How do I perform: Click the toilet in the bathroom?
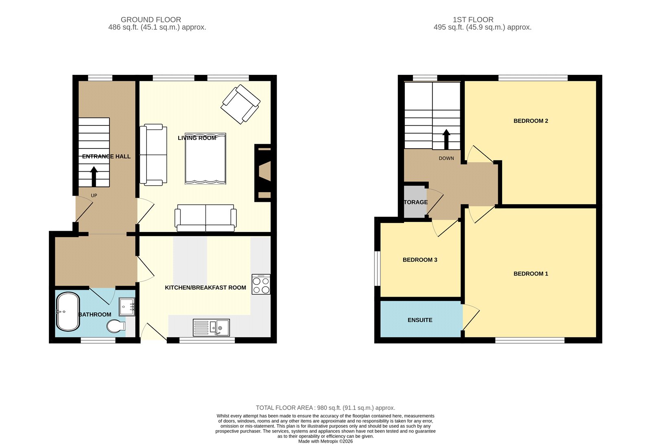pyautogui.click(x=116, y=326)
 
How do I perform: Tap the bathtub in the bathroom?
pyautogui.click(x=68, y=311)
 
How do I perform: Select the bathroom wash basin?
pyautogui.click(x=127, y=307)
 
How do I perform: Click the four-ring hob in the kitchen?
pyautogui.click(x=261, y=284)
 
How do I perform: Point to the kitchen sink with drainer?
pyautogui.click(x=211, y=327)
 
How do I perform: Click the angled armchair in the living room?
pyautogui.click(x=240, y=104)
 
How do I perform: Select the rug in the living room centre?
pyautogui.click(x=205, y=159)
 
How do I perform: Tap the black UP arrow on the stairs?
pyautogui.click(x=94, y=177)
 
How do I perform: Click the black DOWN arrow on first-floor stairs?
pyautogui.click(x=446, y=140)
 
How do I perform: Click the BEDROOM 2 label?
pyautogui.click(x=531, y=121)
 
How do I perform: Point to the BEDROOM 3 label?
pyautogui.click(x=420, y=260)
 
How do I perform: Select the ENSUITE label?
pyautogui.click(x=420, y=320)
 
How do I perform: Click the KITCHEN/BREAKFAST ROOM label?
pyautogui.click(x=205, y=288)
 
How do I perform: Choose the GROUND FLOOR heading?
pyautogui.click(x=151, y=20)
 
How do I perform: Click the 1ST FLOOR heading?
pyautogui.click(x=473, y=20)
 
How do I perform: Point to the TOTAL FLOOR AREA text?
pyautogui.click(x=325, y=408)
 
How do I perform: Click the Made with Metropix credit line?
pyautogui.click(x=325, y=442)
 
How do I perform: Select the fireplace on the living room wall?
pyautogui.click(x=263, y=173)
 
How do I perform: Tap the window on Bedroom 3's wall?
pyautogui.click(x=377, y=269)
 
